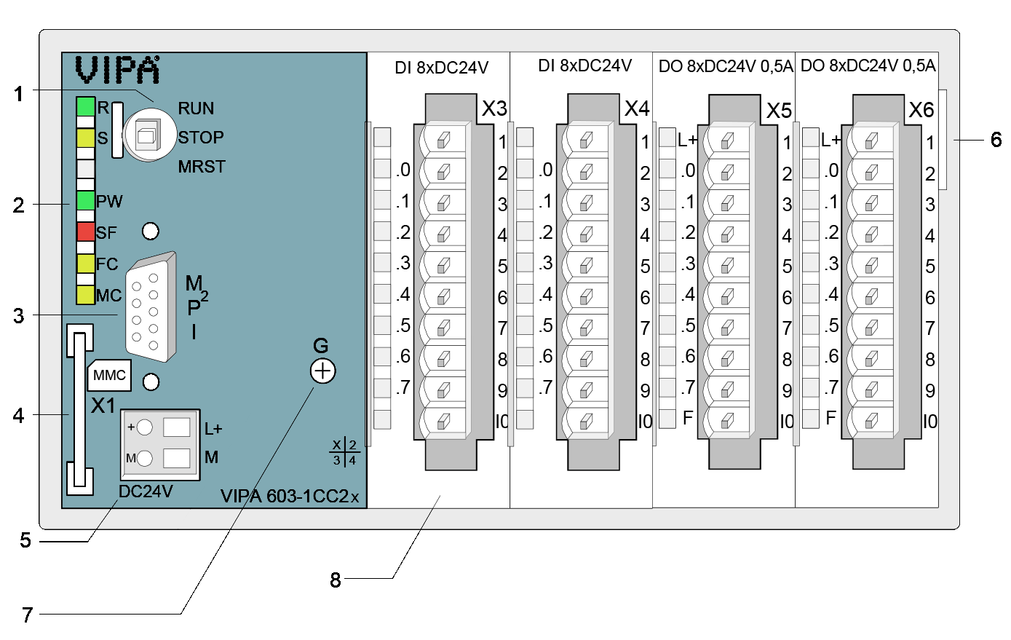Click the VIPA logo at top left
pos(117,70)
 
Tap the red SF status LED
pos(86,232)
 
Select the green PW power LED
pos(86,201)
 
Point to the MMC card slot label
pos(110,376)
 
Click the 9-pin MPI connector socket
pos(148,309)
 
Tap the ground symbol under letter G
pos(322,371)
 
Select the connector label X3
pos(494,109)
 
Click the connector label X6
pos(921,110)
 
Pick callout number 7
pos(27,615)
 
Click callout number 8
pos(335,580)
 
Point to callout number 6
pos(996,139)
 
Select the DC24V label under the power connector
pos(146,492)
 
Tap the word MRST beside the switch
pos(202,167)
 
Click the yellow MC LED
pos(86,295)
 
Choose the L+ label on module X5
pos(687,140)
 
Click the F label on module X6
pos(830,418)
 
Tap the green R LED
pos(86,107)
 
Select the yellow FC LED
pos(86,264)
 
